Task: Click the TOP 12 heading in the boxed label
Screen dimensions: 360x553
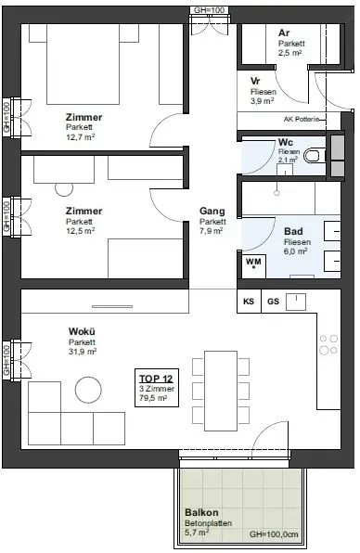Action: [x=156, y=379]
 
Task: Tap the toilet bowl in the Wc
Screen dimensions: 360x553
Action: [x=312, y=155]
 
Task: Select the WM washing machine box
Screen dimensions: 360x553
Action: [x=253, y=265]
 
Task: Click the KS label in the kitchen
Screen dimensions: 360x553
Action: [x=249, y=302]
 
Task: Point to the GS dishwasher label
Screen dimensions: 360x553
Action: [x=274, y=302]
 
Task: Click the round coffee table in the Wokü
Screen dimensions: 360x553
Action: [x=88, y=390]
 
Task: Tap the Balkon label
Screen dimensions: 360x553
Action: [x=201, y=512]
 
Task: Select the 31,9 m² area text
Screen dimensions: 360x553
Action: [x=83, y=352]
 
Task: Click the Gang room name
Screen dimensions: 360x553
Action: [x=212, y=212]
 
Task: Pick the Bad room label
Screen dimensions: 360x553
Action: [x=293, y=231]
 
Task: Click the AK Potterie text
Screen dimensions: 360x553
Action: [x=302, y=119]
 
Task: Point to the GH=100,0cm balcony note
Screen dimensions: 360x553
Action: [x=274, y=534]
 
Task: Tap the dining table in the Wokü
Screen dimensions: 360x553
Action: [x=221, y=391]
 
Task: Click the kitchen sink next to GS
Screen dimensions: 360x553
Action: [x=295, y=302]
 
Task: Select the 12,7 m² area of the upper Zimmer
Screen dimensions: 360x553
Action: [x=80, y=137]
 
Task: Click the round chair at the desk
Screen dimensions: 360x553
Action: [x=64, y=189]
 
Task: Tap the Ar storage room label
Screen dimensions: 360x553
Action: [x=284, y=33]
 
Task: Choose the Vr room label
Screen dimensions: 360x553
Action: [x=255, y=81]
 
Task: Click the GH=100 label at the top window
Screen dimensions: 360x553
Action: [x=209, y=10]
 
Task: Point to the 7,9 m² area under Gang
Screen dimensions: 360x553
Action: [x=212, y=231]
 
